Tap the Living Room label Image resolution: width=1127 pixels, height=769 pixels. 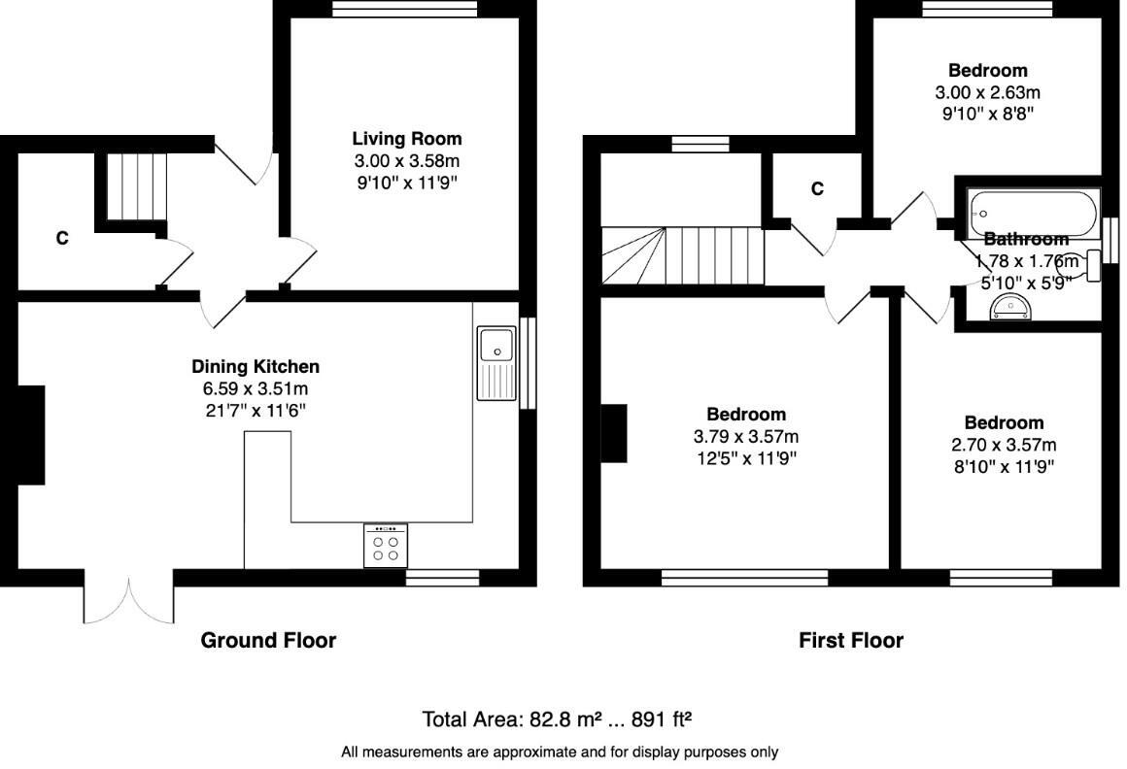(x=406, y=139)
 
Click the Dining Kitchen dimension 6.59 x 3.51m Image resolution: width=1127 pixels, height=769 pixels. (x=255, y=388)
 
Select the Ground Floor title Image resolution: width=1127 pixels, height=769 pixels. (x=268, y=641)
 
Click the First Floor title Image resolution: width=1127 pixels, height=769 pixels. (x=850, y=641)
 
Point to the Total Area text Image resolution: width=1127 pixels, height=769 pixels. (x=557, y=719)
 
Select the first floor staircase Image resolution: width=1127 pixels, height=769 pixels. (x=680, y=256)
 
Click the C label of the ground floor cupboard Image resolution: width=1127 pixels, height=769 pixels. (x=62, y=238)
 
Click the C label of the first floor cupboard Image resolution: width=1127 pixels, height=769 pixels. (x=817, y=189)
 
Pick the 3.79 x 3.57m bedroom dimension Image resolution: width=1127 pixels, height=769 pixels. (x=745, y=437)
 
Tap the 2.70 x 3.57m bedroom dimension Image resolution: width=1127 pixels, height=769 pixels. (x=1004, y=445)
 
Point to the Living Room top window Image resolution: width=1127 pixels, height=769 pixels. (x=404, y=9)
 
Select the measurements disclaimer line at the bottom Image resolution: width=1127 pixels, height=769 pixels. (x=560, y=752)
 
